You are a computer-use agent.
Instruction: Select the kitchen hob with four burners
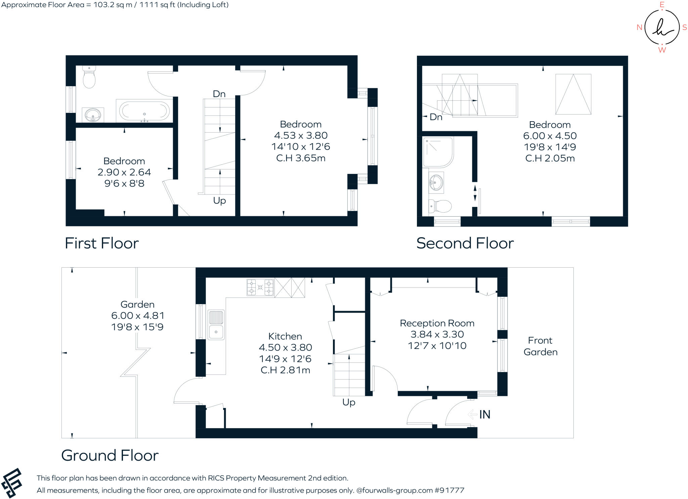tap(260, 287)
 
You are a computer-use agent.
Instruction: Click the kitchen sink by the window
tap(216, 324)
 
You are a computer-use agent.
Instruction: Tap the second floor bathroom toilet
tap(440, 206)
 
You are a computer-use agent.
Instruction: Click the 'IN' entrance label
tap(484, 414)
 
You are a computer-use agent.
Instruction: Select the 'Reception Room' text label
tap(437, 323)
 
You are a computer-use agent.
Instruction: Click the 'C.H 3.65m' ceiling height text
tap(301, 158)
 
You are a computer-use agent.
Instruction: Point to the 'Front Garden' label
tap(540, 346)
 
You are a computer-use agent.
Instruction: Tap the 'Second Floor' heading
tap(465, 243)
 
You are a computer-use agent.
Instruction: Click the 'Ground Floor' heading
tap(110, 455)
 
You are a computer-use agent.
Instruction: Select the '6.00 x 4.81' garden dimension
tap(138, 316)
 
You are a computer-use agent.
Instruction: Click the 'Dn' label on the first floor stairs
tap(219, 94)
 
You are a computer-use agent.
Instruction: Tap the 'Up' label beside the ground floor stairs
tap(349, 402)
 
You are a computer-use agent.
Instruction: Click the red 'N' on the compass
tap(639, 28)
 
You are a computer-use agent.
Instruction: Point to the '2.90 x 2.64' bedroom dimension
tap(124, 172)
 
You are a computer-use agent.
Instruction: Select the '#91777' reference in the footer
tap(449, 490)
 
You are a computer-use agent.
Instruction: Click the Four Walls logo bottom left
tap(12, 483)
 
